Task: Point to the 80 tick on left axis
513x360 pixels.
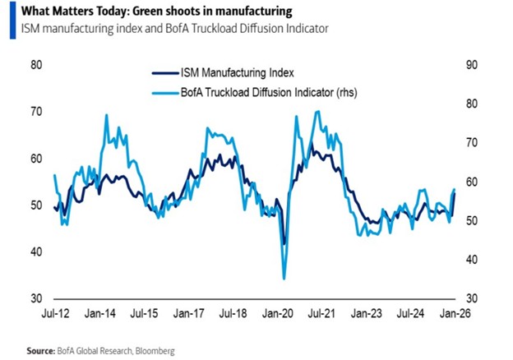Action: coord(36,65)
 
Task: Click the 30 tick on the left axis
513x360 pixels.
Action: coord(36,298)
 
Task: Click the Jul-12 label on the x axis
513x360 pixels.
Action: coord(54,313)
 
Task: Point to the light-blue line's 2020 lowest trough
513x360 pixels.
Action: coord(284,279)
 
